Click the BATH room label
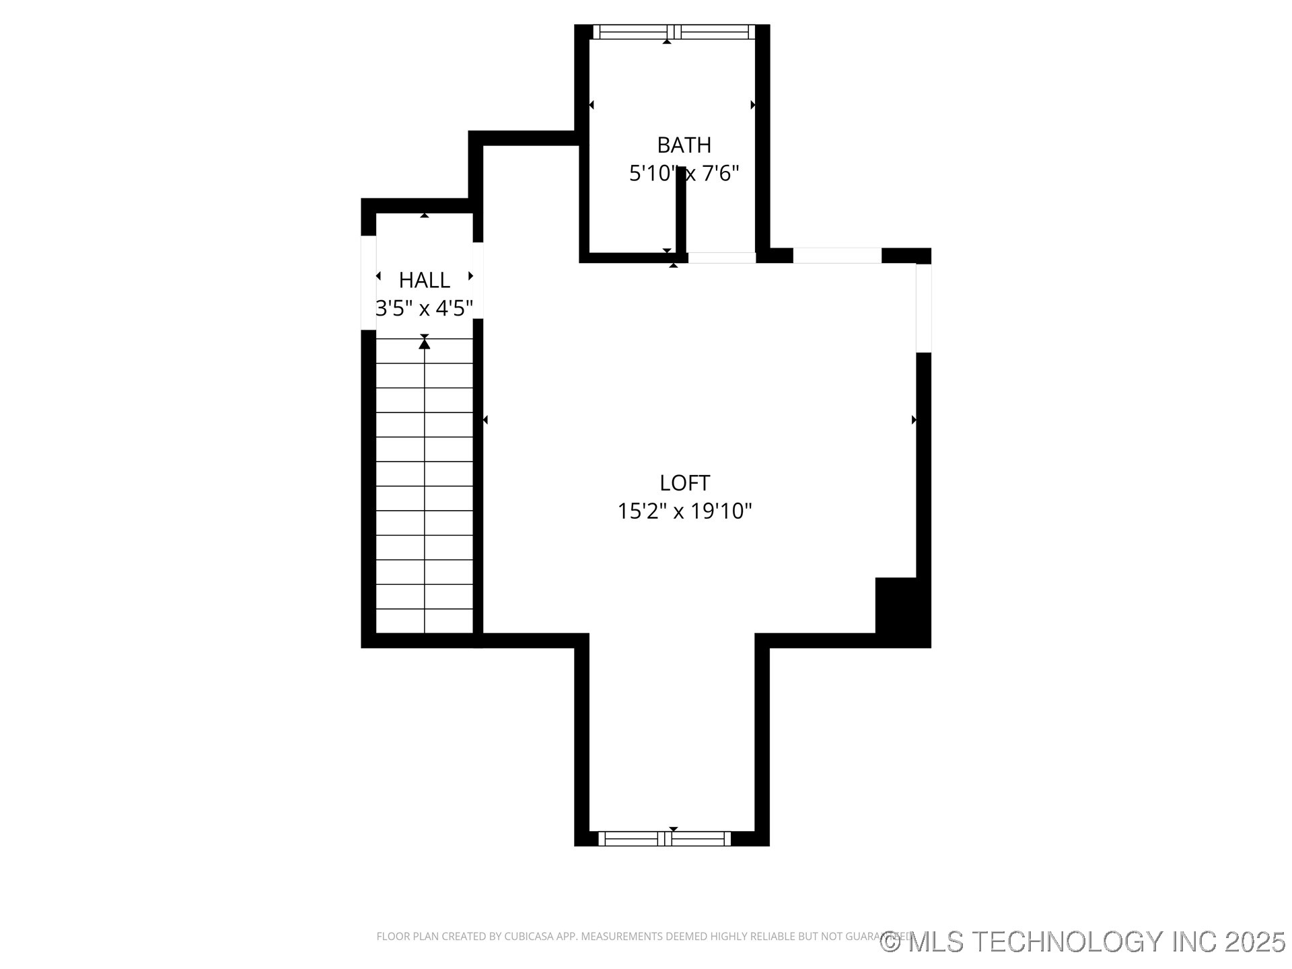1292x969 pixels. [x=684, y=145]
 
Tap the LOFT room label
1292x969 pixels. [x=684, y=483]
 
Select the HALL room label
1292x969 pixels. [x=424, y=280]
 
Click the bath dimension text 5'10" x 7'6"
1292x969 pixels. [x=684, y=174]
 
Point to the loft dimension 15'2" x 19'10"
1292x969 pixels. [x=684, y=511]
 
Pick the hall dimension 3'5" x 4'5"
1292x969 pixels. [x=424, y=308]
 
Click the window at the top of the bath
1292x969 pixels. [x=674, y=32]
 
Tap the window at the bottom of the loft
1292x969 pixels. [x=664, y=838]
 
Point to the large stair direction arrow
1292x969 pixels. [x=424, y=344]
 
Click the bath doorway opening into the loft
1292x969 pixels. [x=721, y=258]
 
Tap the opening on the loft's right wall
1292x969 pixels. [x=923, y=308]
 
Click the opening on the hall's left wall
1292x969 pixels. [x=368, y=283]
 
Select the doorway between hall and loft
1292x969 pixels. [x=478, y=280]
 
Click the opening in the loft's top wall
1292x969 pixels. [x=837, y=256]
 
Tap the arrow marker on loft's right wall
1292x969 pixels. [x=914, y=420]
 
